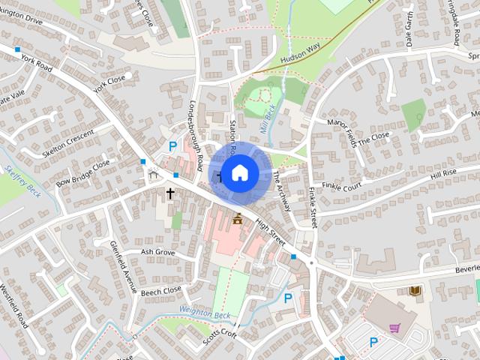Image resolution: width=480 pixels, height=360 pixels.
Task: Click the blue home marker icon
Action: pos(239,173)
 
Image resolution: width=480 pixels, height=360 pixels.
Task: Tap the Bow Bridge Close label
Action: pos(82,172)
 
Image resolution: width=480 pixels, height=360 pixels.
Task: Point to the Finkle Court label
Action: pos(342,184)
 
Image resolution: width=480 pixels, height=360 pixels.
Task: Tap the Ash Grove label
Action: pos(157,253)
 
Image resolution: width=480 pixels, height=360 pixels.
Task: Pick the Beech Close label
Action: pos(161,289)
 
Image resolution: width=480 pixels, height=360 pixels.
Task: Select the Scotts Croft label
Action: pos(219,334)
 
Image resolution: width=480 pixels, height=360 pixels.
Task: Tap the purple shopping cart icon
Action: pos(394,328)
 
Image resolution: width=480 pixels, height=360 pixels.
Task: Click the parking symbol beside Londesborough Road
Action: pos(173,146)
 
